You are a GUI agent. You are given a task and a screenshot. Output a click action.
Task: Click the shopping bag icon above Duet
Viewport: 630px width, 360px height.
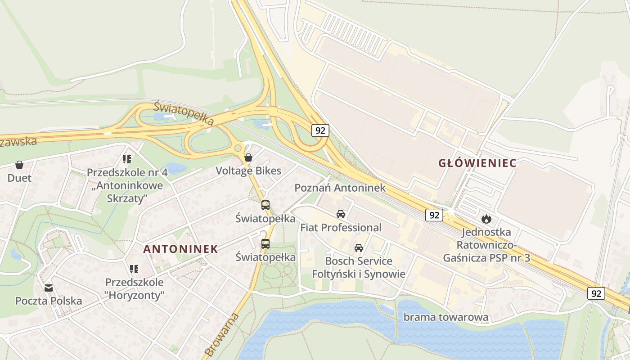[x=19, y=165]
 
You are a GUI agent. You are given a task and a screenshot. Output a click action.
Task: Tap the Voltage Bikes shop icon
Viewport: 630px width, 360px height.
[x=248, y=157]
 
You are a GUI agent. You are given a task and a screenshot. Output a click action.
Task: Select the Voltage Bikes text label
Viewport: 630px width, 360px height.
[x=248, y=171]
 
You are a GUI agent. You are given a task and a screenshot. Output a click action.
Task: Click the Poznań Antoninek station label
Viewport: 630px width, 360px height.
[x=340, y=188]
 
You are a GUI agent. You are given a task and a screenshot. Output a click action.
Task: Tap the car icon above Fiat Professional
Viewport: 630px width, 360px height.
[x=341, y=214]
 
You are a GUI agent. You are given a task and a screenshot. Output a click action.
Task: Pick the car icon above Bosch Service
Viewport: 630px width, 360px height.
[x=359, y=247]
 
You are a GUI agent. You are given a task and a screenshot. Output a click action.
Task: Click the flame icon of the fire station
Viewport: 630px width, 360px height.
[x=486, y=219]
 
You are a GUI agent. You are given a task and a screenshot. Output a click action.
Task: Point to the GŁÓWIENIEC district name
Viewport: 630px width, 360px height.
[x=477, y=163]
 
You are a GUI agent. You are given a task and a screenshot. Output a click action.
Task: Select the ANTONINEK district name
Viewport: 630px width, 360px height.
[x=180, y=249]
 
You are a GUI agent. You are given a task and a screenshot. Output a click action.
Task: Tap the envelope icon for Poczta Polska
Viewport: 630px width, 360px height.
[x=49, y=288]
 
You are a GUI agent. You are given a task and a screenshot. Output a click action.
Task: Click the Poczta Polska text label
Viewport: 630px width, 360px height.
[x=49, y=301]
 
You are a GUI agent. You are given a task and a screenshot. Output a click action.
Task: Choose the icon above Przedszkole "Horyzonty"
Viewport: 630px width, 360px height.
[x=134, y=269]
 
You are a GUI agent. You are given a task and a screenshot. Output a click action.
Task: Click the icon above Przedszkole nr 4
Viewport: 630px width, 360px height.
[x=127, y=159]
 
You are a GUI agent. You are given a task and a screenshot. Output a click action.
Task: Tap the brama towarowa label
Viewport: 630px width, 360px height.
[x=445, y=317]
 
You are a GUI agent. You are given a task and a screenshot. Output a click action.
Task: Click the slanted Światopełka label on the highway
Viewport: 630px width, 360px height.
[x=183, y=113]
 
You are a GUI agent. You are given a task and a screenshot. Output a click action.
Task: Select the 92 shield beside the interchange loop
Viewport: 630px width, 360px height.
[x=320, y=130]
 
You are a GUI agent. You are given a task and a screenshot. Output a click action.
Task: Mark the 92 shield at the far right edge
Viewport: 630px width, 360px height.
[x=596, y=293]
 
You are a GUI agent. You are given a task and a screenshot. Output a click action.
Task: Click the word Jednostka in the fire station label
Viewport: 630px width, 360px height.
[x=480, y=232]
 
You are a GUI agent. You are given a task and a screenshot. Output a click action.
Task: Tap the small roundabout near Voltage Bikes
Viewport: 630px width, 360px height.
[x=238, y=148]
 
